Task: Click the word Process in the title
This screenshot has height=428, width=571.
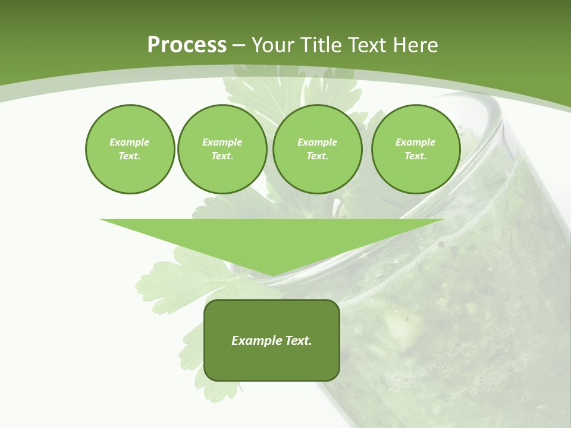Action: (187, 45)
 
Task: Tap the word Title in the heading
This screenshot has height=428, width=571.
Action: (319, 45)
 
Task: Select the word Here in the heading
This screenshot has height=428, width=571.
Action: (414, 45)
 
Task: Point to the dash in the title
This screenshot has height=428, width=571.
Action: (239, 46)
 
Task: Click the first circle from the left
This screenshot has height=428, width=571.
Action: (130, 149)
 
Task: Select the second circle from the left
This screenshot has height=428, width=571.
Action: (222, 149)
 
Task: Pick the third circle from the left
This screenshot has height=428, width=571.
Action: (317, 149)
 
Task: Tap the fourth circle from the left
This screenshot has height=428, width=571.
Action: (415, 149)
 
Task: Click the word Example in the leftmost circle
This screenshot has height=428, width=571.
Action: (130, 142)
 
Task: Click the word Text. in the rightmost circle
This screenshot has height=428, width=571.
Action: (415, 156)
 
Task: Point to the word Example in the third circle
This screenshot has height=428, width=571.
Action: (317, 142)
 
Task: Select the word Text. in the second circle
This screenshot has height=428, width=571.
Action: (222, 156)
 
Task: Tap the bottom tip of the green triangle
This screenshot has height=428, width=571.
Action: (271, 274)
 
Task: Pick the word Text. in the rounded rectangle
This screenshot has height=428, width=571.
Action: (299, 341)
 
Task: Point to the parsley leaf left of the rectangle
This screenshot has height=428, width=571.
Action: (172, 279)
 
